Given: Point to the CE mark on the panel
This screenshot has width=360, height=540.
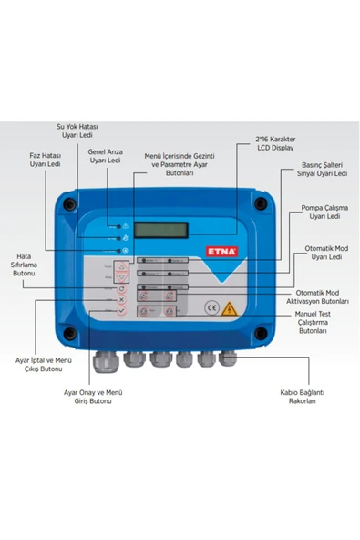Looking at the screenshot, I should coord(211,307).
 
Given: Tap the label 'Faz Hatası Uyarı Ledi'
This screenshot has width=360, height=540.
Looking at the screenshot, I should coord(45,161).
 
